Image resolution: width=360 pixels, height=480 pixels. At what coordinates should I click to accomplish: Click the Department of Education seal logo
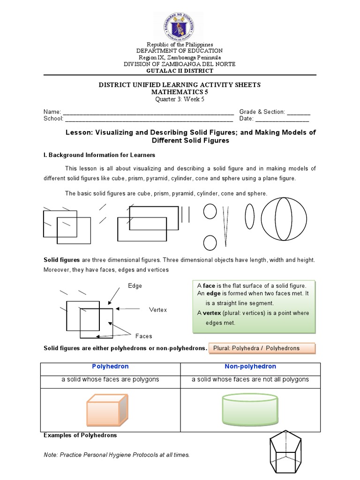point(180,27)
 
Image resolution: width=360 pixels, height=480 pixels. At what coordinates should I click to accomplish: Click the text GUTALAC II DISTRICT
point(180,71)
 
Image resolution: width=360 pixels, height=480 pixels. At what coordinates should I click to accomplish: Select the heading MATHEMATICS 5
point(180,92)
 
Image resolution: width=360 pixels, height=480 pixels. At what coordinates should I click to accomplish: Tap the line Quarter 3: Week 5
point(180,99)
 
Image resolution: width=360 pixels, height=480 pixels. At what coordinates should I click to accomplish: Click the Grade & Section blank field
point(298,112)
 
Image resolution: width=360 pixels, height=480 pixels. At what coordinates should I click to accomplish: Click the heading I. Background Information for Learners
point(99,155)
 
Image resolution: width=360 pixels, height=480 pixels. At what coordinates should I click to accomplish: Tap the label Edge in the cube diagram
point(135,285)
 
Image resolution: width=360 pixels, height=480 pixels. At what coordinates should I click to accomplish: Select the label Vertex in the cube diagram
point(158,310)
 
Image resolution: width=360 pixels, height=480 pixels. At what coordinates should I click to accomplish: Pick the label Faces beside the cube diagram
point(143,336)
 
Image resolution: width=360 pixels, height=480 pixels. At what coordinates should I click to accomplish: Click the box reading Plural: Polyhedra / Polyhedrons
point(262,348)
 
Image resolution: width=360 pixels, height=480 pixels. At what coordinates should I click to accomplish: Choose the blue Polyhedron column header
point(110,367)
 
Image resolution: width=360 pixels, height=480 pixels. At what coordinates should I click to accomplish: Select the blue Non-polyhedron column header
point(250,367)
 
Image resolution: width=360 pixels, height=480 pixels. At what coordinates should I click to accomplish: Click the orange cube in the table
point(106,409)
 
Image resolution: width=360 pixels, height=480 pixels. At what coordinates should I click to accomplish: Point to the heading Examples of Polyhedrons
point(80,435)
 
